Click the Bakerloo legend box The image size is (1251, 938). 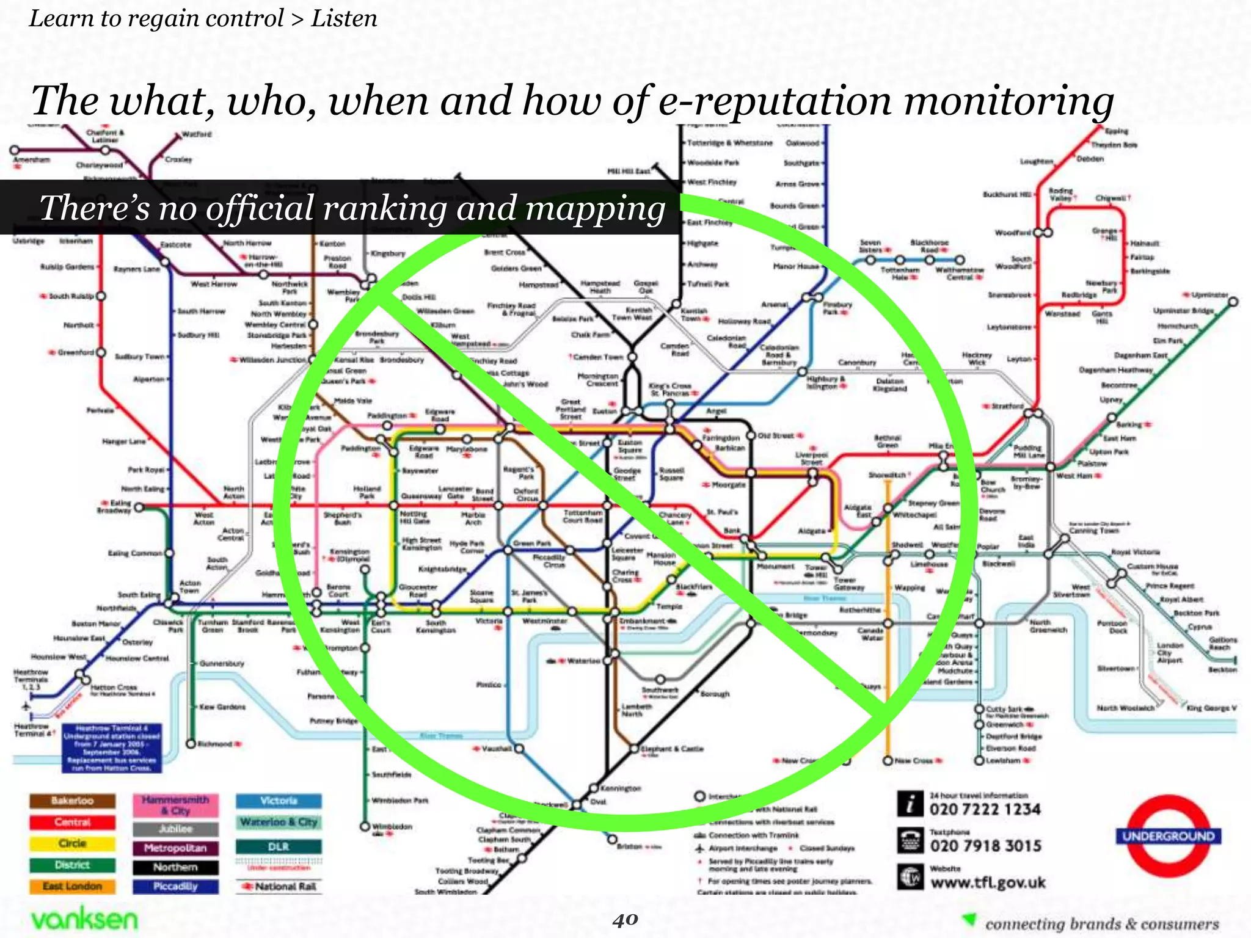click(x=72, y=801)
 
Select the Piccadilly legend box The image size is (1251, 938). click(x=175, y=886)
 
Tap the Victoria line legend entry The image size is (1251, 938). click(x=279, y=801)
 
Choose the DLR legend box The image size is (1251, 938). click(x=279, y=847)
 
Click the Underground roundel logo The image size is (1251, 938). click(x=1168, y=836)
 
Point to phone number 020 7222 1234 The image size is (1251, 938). click(x=985, y=810)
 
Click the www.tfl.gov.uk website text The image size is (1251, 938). click(x=988, y=882)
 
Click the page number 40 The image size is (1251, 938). click(x=625, y=920)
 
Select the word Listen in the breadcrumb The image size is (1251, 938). click(x=344, y=18)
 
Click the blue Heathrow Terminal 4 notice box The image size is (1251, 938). click(x=112, y=748)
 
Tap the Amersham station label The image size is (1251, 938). click(x=32, y=160)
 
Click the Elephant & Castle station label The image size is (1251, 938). click(x=671, y=749)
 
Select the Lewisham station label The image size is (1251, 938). click(x=1003, y=761)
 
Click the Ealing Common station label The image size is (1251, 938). click(x=135, y=553)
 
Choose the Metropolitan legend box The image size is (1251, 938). click(x=175, y=848)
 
